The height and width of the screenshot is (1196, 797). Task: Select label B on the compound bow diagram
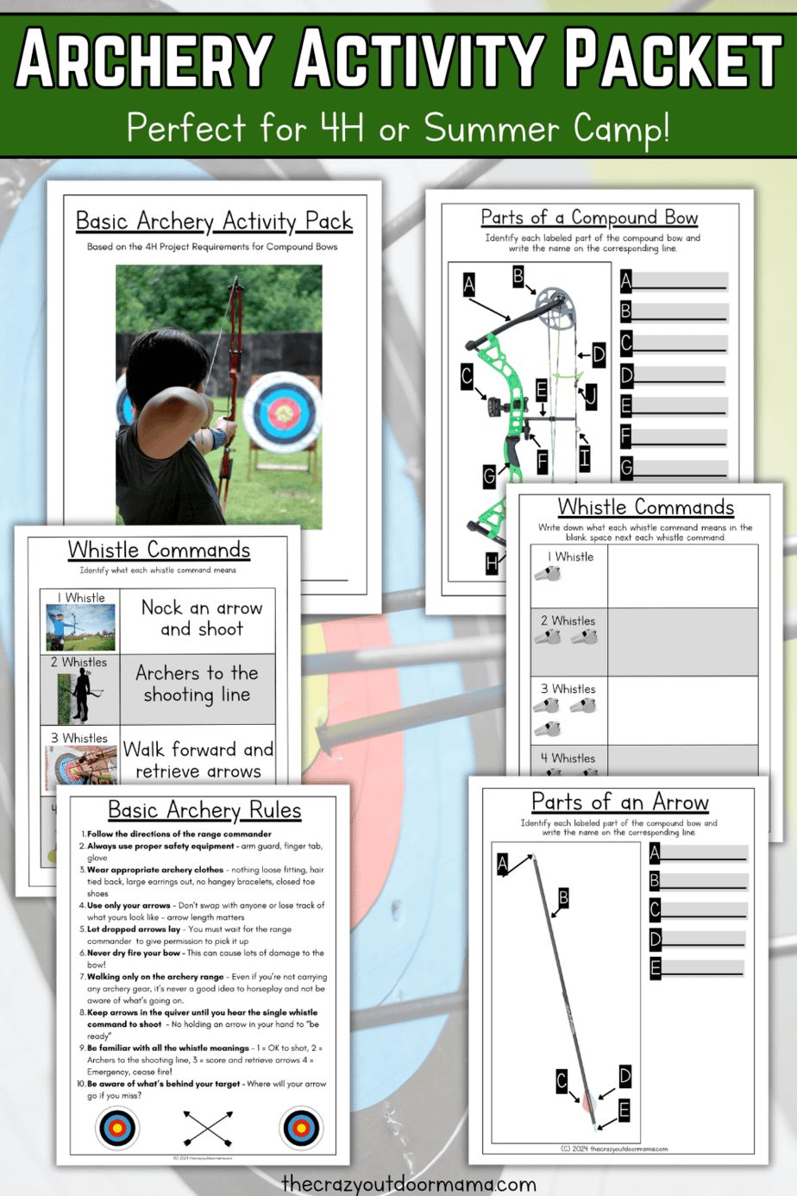pyautogui.click(x=518, y=276)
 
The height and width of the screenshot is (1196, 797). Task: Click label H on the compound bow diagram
pyautogui.click(x=492, y=563)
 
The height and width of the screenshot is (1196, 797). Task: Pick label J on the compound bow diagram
pyautogui.click(x=591, y=396)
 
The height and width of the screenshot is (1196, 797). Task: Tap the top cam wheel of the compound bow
pyautogui.click(x=554, y=305)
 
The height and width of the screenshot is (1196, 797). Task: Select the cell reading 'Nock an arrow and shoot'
pyautogui.click(x=202, y=619)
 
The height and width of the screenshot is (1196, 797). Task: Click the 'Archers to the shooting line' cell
pyautogui.click(x=198, y=683)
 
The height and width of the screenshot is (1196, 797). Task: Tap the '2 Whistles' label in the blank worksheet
pyautogui.click(x=568, y=620)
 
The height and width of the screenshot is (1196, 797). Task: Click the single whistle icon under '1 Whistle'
pyautogui.click(x=548, y=574)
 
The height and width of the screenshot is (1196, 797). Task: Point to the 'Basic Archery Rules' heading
pyautogui.click(x=204, y=810)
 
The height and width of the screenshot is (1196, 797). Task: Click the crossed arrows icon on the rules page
pyautogui.click(x=208, y=1127)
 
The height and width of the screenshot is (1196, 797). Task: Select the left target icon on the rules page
pyautogui.click(x=118, y=1127)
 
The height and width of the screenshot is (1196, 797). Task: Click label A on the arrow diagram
pyautogui.click(x=503, y=864)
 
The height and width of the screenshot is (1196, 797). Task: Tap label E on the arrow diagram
pyautogui.click(x=624, y=1111)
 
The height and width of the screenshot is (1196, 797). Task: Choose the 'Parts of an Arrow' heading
pyautogui.click(x=620, y=803)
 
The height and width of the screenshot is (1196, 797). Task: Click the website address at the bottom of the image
pyautogui.click(x=409, y=1184)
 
